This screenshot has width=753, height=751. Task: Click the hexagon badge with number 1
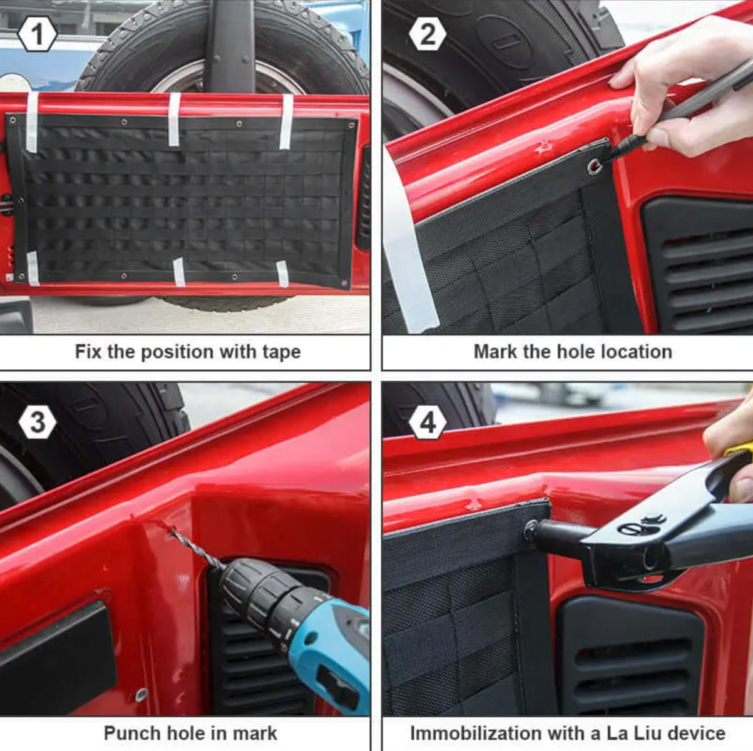pos(37,34)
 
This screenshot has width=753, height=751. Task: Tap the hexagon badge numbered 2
pos(428,34)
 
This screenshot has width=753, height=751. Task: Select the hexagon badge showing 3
pos(38,422)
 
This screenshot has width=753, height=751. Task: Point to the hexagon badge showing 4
pos(428,422)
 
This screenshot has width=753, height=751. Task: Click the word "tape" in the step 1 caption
pos(281,352)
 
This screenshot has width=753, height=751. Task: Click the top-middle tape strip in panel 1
pos(174,120)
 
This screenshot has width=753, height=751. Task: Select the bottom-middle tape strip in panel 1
pos(179,272)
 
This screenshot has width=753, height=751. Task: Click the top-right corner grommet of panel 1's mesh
pos(351,125)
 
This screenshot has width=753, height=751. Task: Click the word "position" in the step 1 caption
pos(177,352)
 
